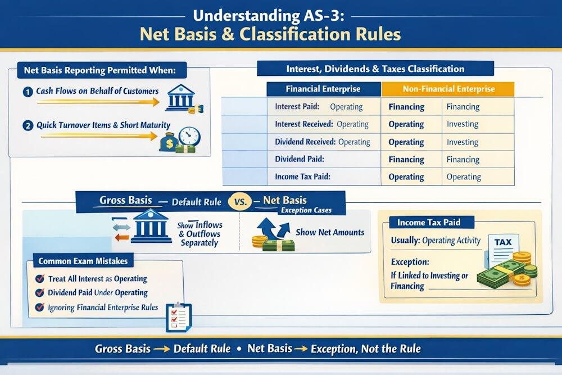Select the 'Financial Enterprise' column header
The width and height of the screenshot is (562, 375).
tap(323, 89)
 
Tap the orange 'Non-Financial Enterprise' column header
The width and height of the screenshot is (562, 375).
tap(448, 89)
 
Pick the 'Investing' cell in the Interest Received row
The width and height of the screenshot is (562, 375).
tap(463, 124)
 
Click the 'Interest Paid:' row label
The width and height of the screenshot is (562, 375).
tap(297, 107)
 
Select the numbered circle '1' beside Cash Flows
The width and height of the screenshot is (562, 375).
tap(28, 91)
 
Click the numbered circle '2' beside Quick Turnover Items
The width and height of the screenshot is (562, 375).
tap(28, 126)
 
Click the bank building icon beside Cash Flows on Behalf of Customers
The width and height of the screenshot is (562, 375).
tap(181, 97)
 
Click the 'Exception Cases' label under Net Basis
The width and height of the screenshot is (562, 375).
tap(306, 211)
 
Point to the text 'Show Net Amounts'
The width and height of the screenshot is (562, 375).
tap(330, 232)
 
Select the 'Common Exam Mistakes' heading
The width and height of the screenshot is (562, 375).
tap(83, 261)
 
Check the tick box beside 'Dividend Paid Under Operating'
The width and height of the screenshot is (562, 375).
tap(40, 292)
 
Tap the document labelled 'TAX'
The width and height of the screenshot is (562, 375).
tap(503, 247)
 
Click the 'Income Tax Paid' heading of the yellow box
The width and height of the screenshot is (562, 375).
tap(429, 223)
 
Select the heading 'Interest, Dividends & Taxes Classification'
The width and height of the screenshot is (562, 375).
tap(375, 69)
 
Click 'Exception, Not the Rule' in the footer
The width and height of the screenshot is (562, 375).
tap(363, 349)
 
